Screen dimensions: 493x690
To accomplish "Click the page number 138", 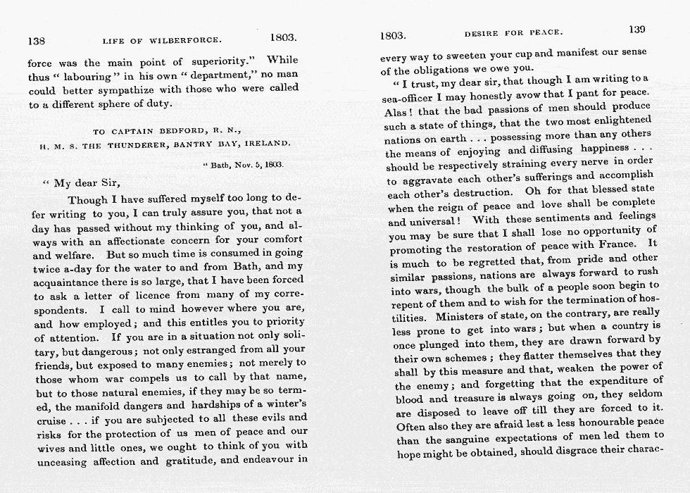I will (x=36, y=41).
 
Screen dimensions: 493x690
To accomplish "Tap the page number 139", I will (x=636, y=30).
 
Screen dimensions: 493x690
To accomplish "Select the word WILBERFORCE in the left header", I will (x=186, y=41).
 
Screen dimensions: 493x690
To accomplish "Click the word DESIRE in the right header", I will (x=481, y=33).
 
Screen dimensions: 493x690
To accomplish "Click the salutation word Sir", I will (x=108, y=183).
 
